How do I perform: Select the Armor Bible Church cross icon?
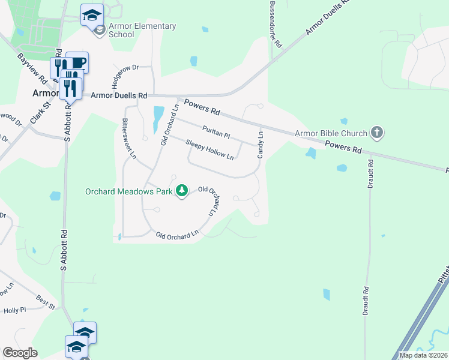(x=376, y=133)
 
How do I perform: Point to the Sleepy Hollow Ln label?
(x=209, y=149)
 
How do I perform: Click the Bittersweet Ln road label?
(x=129, y=138)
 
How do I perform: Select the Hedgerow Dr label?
(x=124, y=76)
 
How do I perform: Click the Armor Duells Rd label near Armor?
(x=119, y=95)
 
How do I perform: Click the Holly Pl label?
(x=15, y=310)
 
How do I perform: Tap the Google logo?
(x=20, y=353)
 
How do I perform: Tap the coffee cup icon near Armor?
(x=78, y=62)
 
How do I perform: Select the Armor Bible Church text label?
(x=330, y=133)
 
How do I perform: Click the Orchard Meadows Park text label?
(x=128, y=192)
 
